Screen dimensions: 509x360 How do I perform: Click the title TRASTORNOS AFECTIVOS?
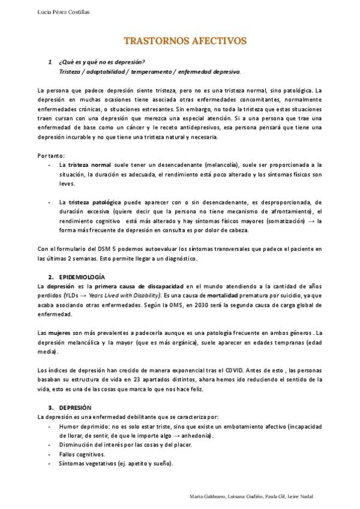pyautogui.click(x=184, y=41)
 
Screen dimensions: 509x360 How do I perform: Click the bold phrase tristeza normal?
pyautogui.click(x=89, y=164)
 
